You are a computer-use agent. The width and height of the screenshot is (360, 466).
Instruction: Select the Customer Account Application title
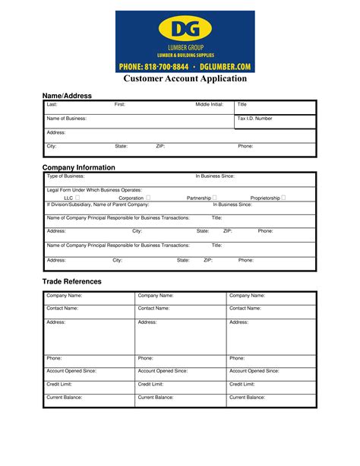(185, 79)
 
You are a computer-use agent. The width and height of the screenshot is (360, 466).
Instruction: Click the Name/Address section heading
(67, 96)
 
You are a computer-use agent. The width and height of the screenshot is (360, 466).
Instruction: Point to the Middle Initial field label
(210, 104)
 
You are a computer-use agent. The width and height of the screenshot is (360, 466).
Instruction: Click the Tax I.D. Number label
(254, 119)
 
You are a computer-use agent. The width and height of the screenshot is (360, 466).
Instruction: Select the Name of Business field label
(67, 119)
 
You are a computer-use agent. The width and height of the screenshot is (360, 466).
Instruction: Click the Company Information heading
(79, 167)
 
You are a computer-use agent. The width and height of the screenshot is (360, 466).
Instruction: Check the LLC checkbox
(77, 198)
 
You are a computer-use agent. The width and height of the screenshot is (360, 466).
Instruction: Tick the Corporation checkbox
(148, 198)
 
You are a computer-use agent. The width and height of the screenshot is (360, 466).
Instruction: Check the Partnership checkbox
(215, 198)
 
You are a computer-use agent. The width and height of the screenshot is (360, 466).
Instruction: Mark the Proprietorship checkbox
(283, 198)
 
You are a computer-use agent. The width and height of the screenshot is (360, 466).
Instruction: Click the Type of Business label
(66, 176)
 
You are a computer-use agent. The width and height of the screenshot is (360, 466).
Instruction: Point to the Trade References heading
(71, 281)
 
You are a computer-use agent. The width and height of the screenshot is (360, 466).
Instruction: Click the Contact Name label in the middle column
(154, 309)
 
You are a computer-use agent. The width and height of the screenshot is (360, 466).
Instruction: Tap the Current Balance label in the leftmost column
(65, 398)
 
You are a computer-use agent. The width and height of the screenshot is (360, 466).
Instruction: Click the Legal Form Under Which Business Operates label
(94, 190)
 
